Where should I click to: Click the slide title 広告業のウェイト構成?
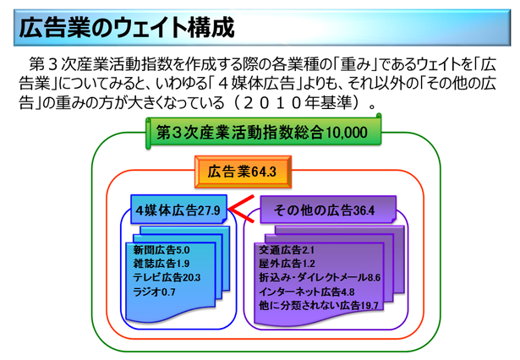(x=124, y=27)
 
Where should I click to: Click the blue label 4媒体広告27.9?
(x=178, y=210)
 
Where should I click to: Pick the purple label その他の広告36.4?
(x=325, y=210)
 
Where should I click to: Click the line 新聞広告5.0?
(x=161, y=251)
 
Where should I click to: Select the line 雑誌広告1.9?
(x=161, y=264)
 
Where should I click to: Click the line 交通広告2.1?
(x=286, y=251)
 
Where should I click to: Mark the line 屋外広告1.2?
(x=286, y=264)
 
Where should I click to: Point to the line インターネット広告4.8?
(x=309, y=292)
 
